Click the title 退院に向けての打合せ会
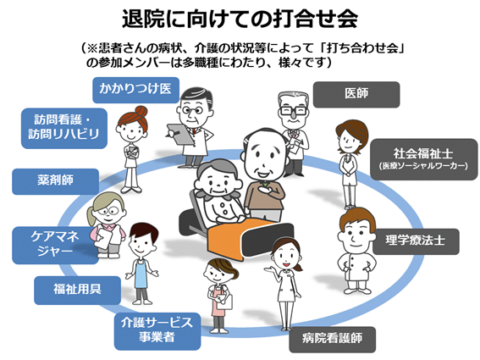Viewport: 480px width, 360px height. (x=240, y=19)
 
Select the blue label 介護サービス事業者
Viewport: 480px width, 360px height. (x=158, y=329)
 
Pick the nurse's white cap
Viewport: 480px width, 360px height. (x=284, y=241)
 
